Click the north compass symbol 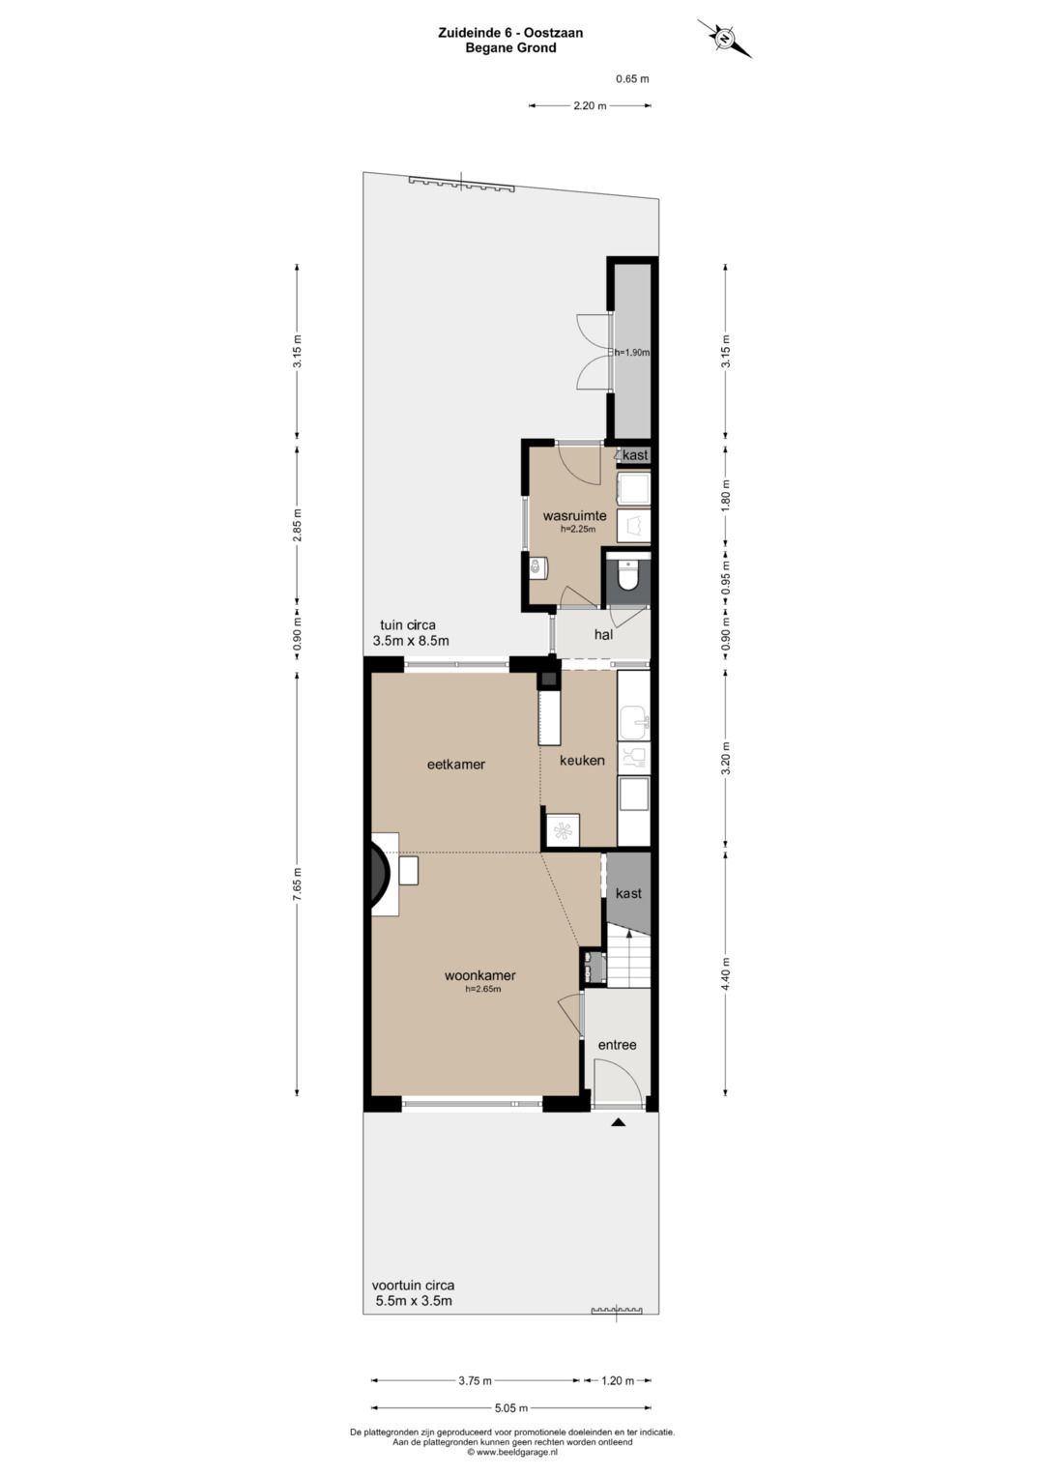(724, 39)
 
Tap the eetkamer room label (456, 765)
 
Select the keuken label (582, 760)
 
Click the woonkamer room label (479, 975)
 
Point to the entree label (617, 1044)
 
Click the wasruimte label (574, 516)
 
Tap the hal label (603, 634)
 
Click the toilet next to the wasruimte (626, 574)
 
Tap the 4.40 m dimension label (725, 973)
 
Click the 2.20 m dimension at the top (590, 105)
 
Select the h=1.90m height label (631, 352)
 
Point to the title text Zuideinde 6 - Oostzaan (510, 32)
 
